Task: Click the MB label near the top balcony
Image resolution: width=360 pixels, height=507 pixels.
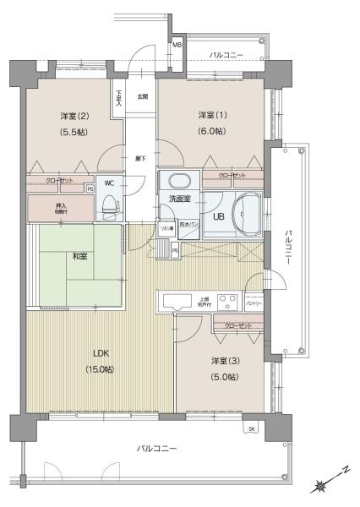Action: tap(177, 45)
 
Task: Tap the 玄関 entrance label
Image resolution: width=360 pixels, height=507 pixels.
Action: tap(144, 96)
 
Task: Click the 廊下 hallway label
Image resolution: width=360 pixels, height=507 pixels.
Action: tap(140, 158)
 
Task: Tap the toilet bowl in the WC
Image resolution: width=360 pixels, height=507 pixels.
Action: tap(108, 204)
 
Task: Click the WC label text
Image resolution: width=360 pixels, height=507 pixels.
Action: tap(110, 183)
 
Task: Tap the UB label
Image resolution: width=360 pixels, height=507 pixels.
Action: tap(218, 216)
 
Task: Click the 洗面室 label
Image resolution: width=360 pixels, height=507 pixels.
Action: tap(179, 199)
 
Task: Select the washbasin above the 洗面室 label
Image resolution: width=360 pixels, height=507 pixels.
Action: tap(178, 181)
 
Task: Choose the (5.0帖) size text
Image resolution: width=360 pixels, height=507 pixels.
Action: tap(223, 377)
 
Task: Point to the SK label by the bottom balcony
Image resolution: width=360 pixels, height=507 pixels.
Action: tap(251, 429)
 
